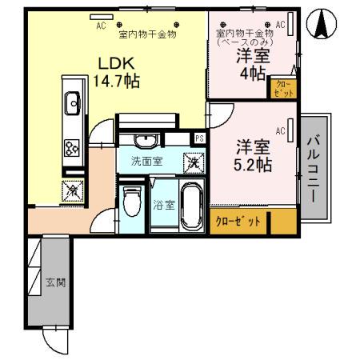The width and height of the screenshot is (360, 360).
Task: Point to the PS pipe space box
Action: (199, 138)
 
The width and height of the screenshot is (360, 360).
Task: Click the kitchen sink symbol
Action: (73, 102)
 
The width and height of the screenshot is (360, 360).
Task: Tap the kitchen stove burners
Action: (72, 148)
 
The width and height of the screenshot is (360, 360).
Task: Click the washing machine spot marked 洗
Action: (193, 162)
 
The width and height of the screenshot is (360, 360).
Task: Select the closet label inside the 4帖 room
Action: (284, 88)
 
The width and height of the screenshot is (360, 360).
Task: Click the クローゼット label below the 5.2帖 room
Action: (238, 222)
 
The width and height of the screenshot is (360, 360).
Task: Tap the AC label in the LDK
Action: (101, 26)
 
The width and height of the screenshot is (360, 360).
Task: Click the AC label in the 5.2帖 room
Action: (281, 130)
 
